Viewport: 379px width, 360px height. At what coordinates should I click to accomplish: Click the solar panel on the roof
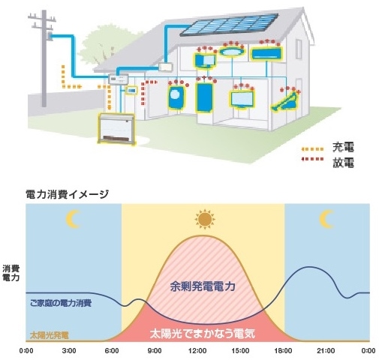(229, 25)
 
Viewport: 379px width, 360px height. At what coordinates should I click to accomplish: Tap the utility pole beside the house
(44, 58)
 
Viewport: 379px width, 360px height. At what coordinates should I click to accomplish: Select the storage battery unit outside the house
(116, 129)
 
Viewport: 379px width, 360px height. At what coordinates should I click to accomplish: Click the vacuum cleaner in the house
(285, 102)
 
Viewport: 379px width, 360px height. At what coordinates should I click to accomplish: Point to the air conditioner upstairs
(266, 53)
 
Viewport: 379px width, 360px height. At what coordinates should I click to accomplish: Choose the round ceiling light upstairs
(232, 52)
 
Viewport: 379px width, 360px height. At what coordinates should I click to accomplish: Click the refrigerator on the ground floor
(204, 97)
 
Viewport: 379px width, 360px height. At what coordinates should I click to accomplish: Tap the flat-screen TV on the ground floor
(242, 99)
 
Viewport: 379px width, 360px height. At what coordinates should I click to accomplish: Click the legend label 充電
(343, 148)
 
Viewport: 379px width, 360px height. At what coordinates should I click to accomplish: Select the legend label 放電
(343, 163)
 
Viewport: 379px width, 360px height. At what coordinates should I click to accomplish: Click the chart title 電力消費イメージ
(68, 194)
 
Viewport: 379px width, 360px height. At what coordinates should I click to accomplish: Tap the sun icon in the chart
(205, 219)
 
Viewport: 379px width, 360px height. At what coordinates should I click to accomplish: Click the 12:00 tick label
(197, 351)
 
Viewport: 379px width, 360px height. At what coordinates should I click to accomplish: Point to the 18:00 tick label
(283, 351)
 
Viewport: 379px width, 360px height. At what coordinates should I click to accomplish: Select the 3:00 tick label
(69, 351)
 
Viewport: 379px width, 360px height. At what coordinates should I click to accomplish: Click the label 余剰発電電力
(203, 286)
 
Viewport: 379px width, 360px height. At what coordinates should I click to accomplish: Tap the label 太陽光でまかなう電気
(203, 334)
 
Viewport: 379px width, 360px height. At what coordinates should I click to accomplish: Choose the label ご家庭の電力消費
(61, 303)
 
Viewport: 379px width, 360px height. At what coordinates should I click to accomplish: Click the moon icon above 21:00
(326, 219)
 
